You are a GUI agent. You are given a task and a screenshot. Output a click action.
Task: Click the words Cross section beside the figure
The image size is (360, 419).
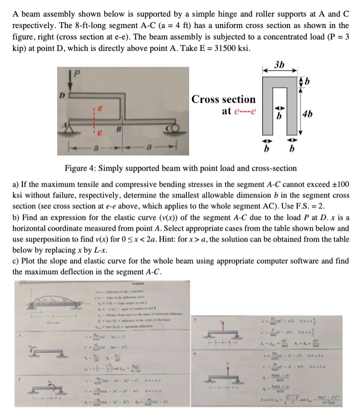point(223,99)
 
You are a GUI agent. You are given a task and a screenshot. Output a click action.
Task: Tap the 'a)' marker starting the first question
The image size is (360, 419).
point(17,185)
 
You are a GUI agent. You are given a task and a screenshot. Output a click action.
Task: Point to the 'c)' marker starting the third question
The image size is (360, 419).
point(17,261)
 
